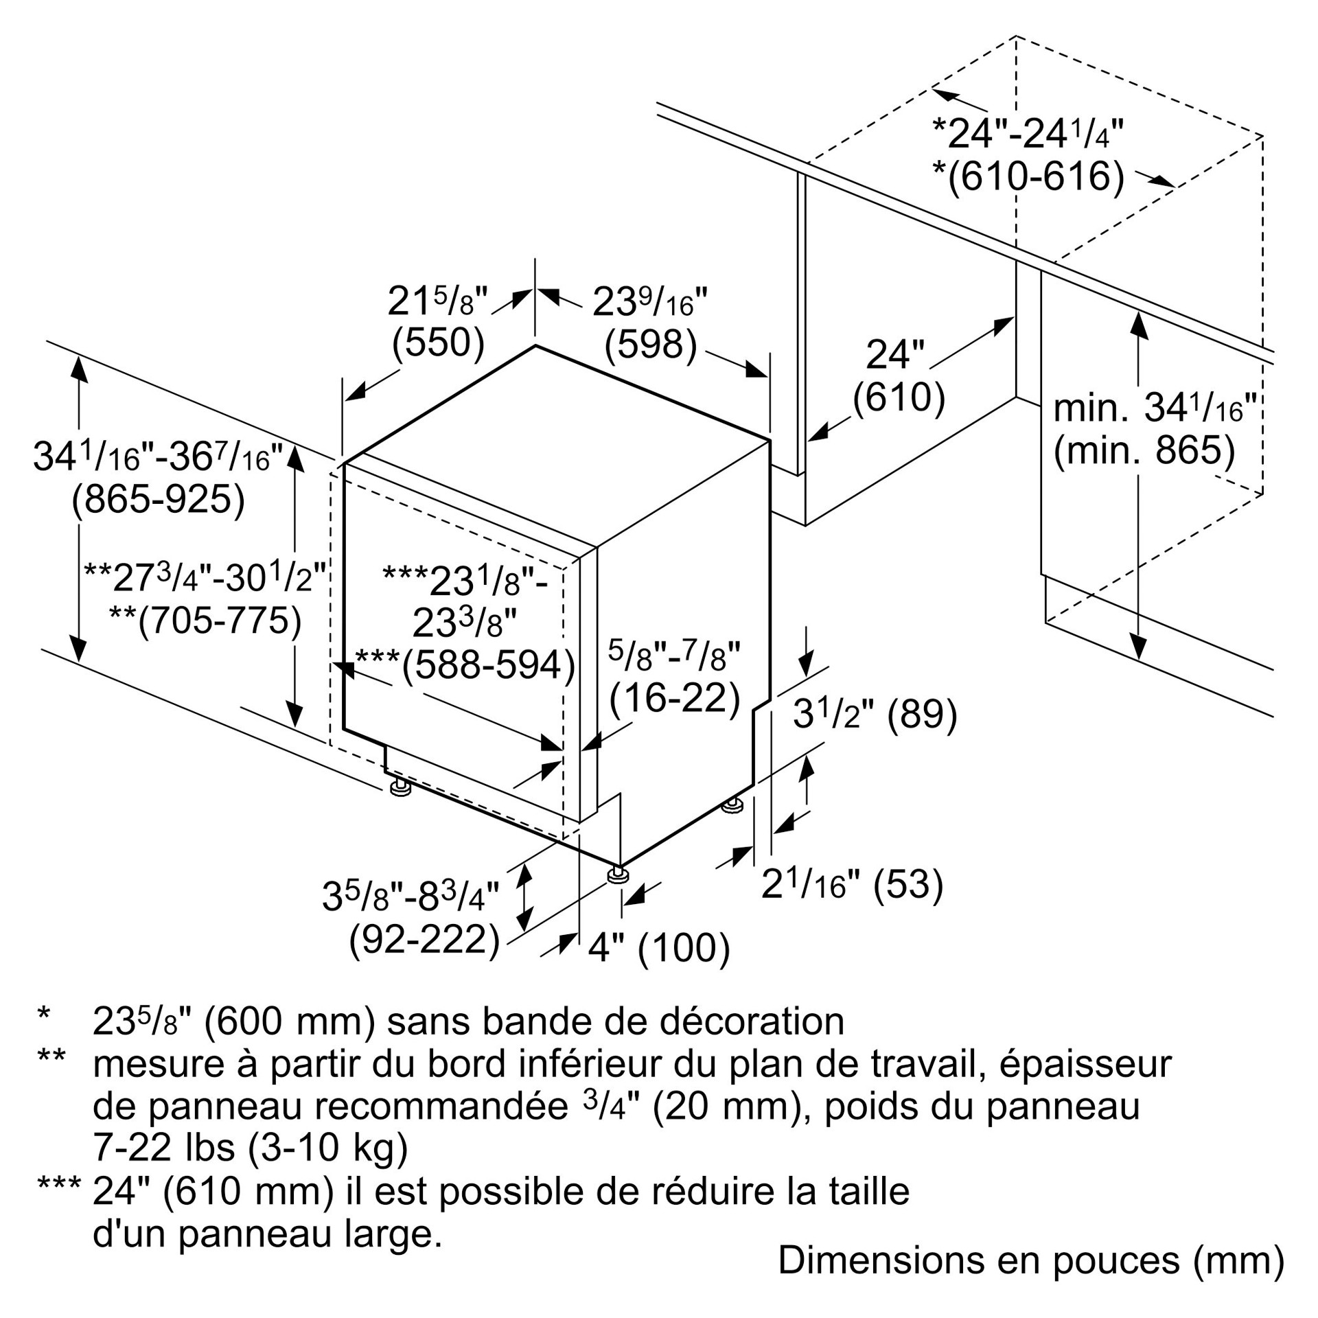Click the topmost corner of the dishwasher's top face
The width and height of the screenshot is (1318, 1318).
[x=535, y=345]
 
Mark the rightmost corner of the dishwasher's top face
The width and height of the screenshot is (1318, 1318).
[x=770, y=440]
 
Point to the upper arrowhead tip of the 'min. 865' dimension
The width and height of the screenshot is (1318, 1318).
[x=1139, y=312]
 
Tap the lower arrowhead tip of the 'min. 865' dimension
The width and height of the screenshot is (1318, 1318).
[x=1139, y=660]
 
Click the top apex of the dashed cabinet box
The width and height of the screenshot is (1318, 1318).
[x=1016, y=36]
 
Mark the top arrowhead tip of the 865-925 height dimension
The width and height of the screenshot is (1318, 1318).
[x=79, y=356]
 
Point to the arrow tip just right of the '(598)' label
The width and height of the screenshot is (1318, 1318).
[x=767, y=376]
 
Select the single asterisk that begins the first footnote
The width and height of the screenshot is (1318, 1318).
[x=45, y=1015]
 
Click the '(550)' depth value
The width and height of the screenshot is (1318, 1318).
[x=438, y=343]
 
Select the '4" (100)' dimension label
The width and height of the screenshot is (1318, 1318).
[x=658, y=948]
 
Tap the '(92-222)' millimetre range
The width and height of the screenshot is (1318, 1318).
[x=424, y=939]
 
